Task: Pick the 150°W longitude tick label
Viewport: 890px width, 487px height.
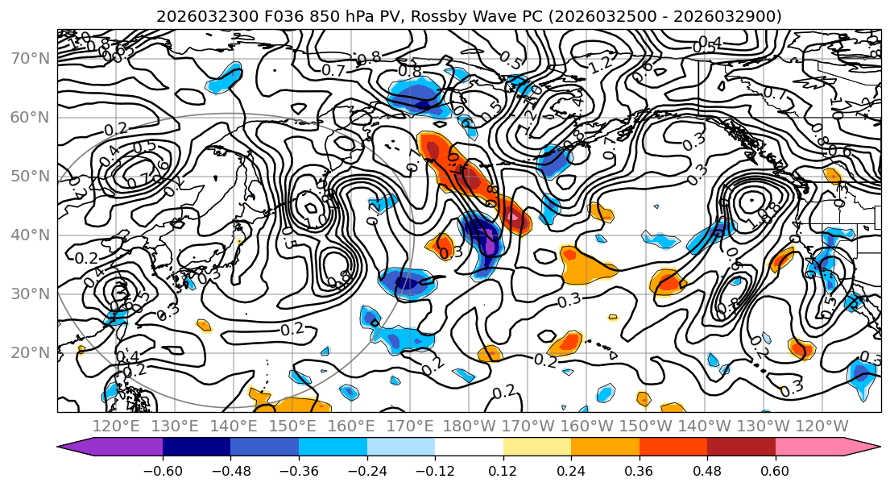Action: pos(646,426)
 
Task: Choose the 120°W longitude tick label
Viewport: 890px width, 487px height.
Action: pos(822,426)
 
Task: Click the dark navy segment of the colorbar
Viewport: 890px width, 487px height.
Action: pos(196,447)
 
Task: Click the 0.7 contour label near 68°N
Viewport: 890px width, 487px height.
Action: pos(333,71)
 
